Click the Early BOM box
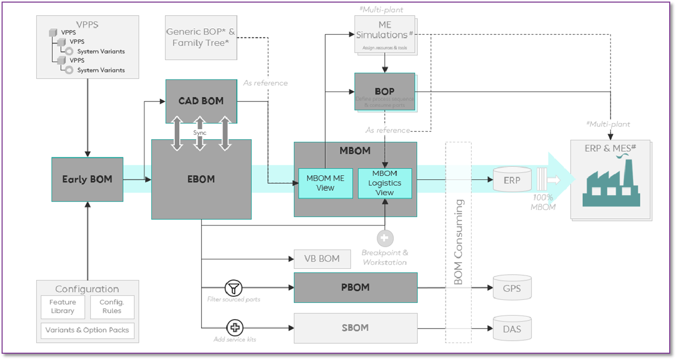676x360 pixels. point(87,179)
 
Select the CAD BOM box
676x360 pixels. point(201,101)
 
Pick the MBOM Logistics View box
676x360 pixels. point(384,183)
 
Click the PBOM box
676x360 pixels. point(355,287)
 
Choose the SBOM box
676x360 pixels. point(355,328)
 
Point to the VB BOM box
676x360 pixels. point(322,258)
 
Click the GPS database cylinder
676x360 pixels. point(512,288)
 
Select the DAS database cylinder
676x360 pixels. point(512,329)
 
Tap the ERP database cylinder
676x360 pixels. point(512,179)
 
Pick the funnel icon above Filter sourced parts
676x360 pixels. point(233,287)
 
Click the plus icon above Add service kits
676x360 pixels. point(235,328)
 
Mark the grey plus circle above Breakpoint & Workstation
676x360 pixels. point(385,239)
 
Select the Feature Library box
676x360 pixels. point(62,307)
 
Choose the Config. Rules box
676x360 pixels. point(112,307)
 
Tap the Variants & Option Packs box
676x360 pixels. point(87,330)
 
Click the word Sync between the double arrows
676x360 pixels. point(200,133)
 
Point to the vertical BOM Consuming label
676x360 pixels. point(458,242)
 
